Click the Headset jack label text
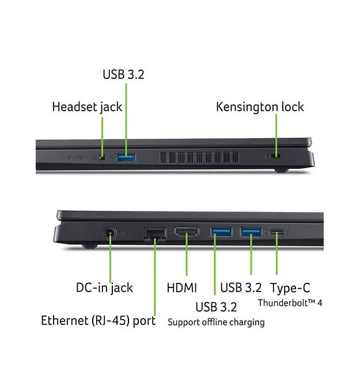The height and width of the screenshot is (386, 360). [x=87, y=107]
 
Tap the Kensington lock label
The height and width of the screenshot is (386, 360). [x=260, y=107]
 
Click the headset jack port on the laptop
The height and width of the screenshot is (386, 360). [x=103, y=157]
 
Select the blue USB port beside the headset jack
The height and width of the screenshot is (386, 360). [x=126, y=158]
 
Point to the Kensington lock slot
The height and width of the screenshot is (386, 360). [x=275, y=156]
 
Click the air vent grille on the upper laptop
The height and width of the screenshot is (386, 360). [x=199, y=157]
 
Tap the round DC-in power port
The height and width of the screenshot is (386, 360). [x=110, y=233]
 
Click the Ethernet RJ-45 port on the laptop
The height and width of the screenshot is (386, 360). [x=154, y=234]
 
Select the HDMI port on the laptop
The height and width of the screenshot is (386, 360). [x=187, y=232]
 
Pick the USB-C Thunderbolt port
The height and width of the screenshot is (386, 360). [x=277, y=232]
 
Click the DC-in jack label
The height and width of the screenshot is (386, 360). [x=104, y=288]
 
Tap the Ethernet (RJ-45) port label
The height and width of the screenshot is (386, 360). [x=98, y=320]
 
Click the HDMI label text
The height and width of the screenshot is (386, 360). [x=182, y=288]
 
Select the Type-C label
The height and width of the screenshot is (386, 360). [x=290, y=288]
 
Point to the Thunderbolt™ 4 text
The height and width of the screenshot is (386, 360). [x=290, y=303]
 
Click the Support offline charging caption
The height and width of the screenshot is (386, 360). [x=216, y=322]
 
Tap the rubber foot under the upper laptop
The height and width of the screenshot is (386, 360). [x=281, y=170]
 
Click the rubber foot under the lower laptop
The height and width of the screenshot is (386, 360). [x=90, y=246]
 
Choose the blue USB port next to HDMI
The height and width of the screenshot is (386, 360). [x=221, y=232]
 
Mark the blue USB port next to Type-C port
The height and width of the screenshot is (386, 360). [x=251, y=232]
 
